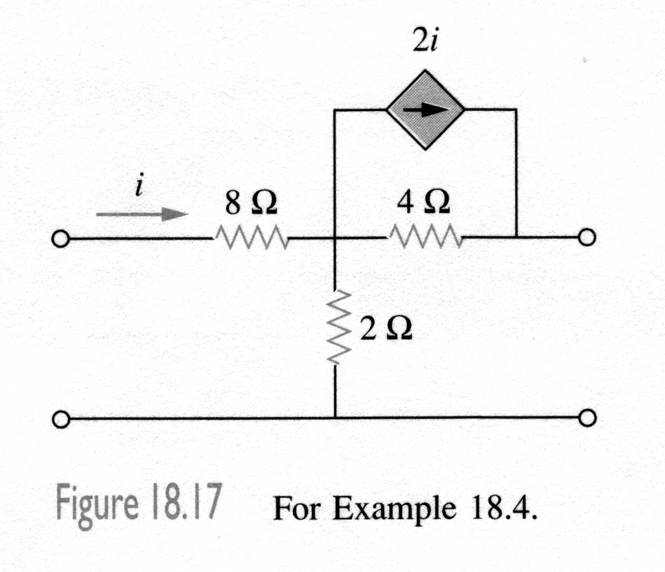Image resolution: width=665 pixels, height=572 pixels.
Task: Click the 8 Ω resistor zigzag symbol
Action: [251, 239]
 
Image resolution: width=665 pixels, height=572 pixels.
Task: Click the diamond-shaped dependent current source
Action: [425, 110]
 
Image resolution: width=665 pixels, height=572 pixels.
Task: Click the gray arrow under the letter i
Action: [142, 215]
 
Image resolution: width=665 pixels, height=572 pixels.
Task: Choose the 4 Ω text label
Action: [425, 202]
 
